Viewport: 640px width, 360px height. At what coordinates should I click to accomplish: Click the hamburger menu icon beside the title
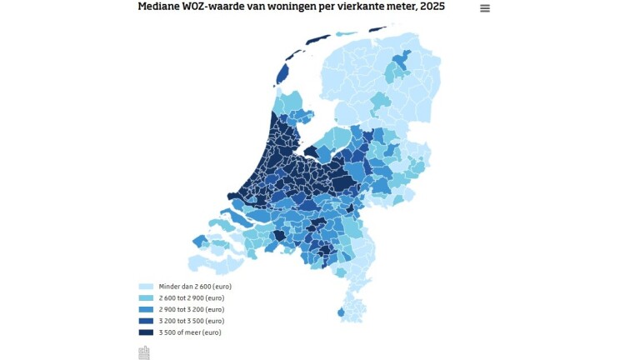click(485, 8)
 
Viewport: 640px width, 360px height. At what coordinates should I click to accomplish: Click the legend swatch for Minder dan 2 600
click(145, 286)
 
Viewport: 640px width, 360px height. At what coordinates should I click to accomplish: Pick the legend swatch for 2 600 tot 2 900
click(145, 297)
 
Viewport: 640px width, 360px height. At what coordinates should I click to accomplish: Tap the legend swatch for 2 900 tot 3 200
click(145, 309)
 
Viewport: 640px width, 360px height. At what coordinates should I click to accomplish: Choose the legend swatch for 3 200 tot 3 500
click(145, 321)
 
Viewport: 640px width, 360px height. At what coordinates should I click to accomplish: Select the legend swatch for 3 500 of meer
click(145, 332)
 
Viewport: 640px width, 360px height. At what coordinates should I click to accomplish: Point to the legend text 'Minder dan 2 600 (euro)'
click(194, 286)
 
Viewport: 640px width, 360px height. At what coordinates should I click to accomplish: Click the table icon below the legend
click(144, 352)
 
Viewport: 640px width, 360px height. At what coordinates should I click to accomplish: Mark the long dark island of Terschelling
click(318, 39)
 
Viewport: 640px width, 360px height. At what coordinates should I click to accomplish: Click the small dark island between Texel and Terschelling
click(292, 53)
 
